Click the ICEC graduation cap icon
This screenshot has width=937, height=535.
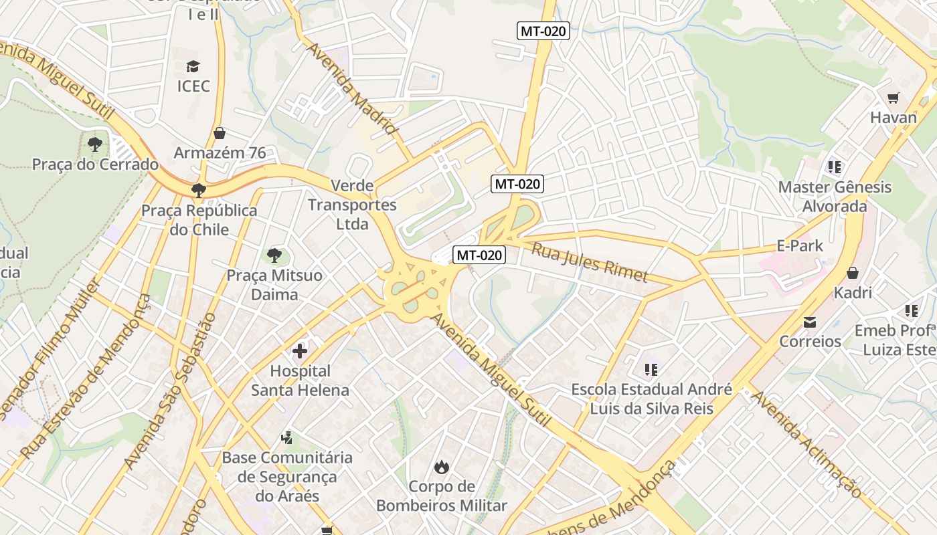pyautogui.click(x=193, y=66)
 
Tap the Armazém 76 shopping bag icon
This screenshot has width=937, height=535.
pyautogui.click(x=220, y=133)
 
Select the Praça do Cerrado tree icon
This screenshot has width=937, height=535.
pyautogui.click(x=95, y=144)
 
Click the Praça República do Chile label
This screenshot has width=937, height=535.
pyautogui.click(x=199, y=220)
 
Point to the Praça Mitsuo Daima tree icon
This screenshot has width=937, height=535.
pyautogui.click(x=274, y=255)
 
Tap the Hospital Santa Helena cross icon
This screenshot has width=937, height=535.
pyautogui.click(x=300, y=350)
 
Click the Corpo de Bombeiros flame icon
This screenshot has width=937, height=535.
pyautogui.click(x=441, y=466)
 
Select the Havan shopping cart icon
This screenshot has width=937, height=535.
pyautogui.click(x=893, y=98)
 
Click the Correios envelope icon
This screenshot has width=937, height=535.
pyautogui.click(x=810, y=322)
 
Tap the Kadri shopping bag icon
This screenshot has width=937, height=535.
pyautogui.click(x=853, y=273)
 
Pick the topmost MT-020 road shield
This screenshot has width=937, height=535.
pyautogui.click(x=543, y=31)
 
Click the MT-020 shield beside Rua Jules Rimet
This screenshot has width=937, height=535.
pyautogui.click(x=479, y=255)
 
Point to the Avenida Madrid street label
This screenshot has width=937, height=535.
pyautogui.click(x=352, y=88)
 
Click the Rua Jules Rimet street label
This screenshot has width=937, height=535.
pyautogui.click(x=590, y=262)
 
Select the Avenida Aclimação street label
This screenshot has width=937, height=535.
pyautogui.click(x=806, y=444)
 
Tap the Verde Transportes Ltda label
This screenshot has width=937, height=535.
pyautogui.click(x=353, y=205)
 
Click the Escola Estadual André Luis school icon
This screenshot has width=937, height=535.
pyautogui.click(x=651, y=369)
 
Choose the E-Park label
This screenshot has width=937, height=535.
pyautogui.click(x=800, y=245)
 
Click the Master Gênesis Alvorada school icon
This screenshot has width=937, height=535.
pyautogui.click(x=834, y=167)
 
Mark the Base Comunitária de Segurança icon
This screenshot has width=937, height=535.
pyautogui.click(x=287, y=438)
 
